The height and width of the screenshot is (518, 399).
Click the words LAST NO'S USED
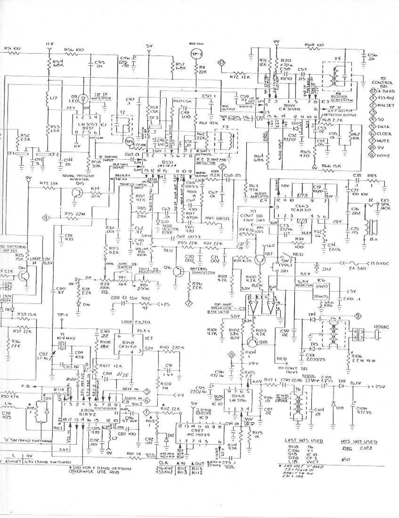pos(304,441)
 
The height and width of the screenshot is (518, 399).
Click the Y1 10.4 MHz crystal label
pos(61,338)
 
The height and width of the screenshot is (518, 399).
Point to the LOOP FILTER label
pos(131,322)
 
